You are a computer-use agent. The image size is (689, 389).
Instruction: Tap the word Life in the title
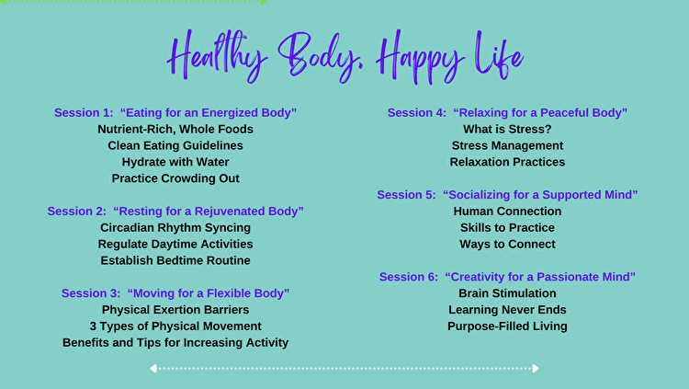pyautogui.click(x=499, y=55)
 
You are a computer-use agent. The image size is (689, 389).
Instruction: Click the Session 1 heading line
pyautogui.click(x=175, y=112)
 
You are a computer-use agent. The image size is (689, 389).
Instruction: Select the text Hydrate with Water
pyautogui.click(x=175, y=162)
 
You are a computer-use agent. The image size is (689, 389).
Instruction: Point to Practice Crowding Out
pyautogui.click(x=175, y=178)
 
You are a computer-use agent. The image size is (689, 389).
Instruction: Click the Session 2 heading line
pyautogui.click(x=175, y=212)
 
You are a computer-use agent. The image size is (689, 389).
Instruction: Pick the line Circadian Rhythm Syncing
pyautogui.click(x=175, y=227)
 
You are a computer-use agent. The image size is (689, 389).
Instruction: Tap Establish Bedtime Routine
pyautogui.click(x=175, y=260)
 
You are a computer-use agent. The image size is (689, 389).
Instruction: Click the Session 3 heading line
pyautogui.click(x=175, y=293)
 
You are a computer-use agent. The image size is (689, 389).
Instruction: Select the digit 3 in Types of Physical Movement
pyautogui.click(x=93, y=326)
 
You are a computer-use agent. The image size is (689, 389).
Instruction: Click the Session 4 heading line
pyautogui.click(x=507, y=112)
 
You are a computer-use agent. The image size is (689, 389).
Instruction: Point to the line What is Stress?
pyautogui.click(x=507, y=129)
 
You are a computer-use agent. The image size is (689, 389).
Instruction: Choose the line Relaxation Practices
pyautogui.click(x=507, y=162)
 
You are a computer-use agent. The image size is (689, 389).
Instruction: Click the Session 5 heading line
pyautogui.click(x=507, y=195)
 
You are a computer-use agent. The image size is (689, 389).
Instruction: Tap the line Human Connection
pyautogui.click(x=507, y=212)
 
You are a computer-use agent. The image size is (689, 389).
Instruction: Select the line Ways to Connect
pyautogui.click(x=507, y=244)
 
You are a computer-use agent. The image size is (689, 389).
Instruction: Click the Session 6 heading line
pyautogui.click(x=507, y=277)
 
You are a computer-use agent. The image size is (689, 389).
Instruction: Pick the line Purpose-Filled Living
pyautogui.click(x=507, y=326)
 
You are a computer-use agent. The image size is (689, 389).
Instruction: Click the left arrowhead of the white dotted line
pyautogui.click(x=153, y=369)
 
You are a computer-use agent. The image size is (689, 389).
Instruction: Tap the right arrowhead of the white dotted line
pyautogui.click(x=536, y=369)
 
